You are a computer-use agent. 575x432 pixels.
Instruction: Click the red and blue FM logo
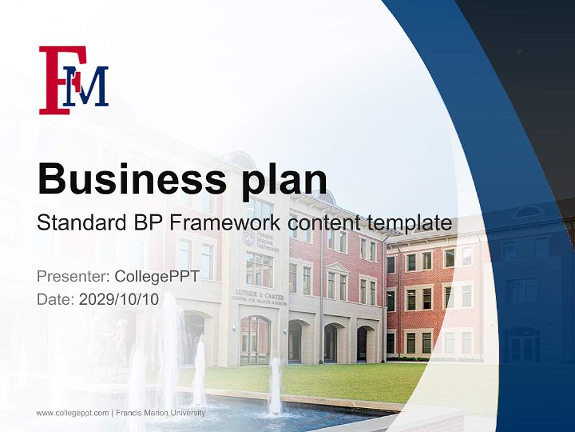tap(73, 80)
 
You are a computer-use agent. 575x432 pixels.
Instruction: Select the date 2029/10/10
tap(119, 299)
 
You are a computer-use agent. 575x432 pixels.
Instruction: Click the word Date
tap(56, 299)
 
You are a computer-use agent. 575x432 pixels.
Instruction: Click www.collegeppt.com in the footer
tap(72, 413)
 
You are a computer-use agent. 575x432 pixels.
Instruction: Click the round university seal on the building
tap(249, 239)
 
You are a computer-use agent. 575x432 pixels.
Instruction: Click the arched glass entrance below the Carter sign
tap(256, 340)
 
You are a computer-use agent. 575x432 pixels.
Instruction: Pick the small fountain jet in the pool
tap(275, 387)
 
